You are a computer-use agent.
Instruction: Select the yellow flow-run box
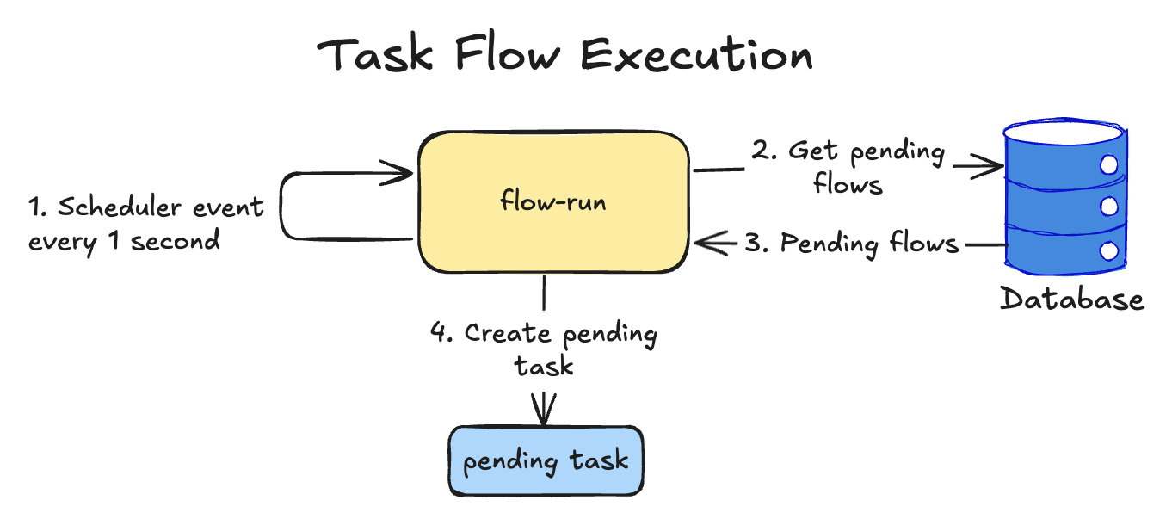point(553,202)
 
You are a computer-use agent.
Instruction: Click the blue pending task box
point(546,460)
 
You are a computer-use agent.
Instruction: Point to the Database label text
point(1072,299)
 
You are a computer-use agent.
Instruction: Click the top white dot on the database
point(1109,164)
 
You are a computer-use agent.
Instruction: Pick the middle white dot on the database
point(1109,207)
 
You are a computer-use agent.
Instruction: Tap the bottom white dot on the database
point(1109,251)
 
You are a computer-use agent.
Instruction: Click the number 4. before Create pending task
point(441,333)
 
